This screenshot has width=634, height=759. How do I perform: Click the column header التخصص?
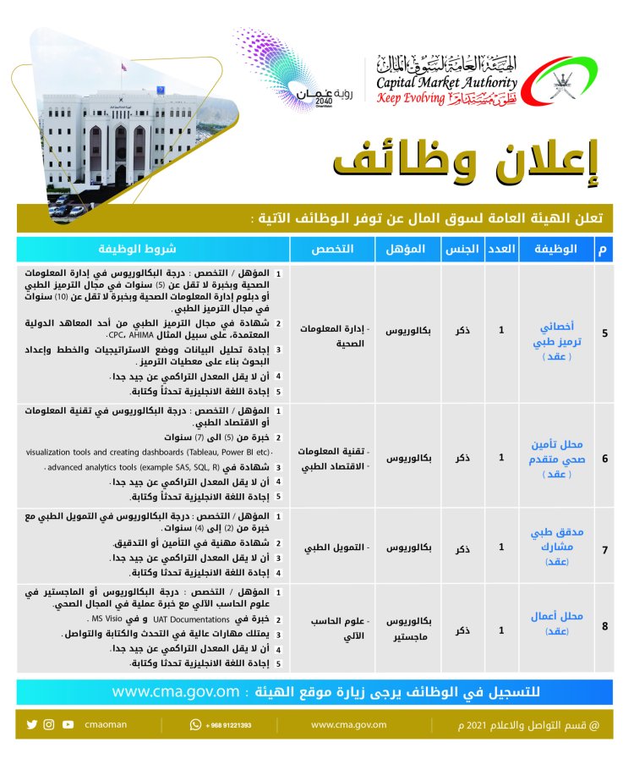(x=334, y=249)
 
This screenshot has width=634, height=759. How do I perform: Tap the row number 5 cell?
(x=604, y=332)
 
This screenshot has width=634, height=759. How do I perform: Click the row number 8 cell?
(x=604, y=627)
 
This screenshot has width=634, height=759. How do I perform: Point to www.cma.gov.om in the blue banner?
(x=177, y=691)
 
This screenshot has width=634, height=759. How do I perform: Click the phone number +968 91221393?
(x=226, y=725)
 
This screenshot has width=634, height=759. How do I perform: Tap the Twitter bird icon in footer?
(x=32, y=724)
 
